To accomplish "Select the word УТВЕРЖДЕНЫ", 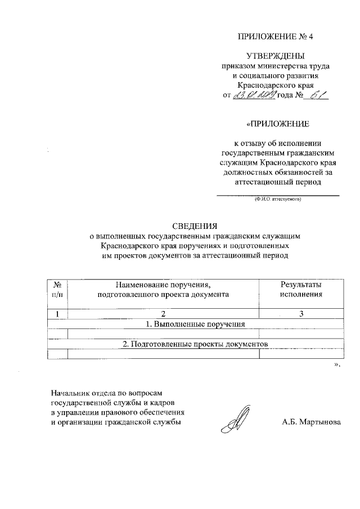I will click(x=275, y=56).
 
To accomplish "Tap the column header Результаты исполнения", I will click(x=301, y=290).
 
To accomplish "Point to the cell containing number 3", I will click(x=301, y=314).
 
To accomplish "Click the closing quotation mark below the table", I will click(x=337, y=364).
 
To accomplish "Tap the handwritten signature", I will click(x=234, y=420).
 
